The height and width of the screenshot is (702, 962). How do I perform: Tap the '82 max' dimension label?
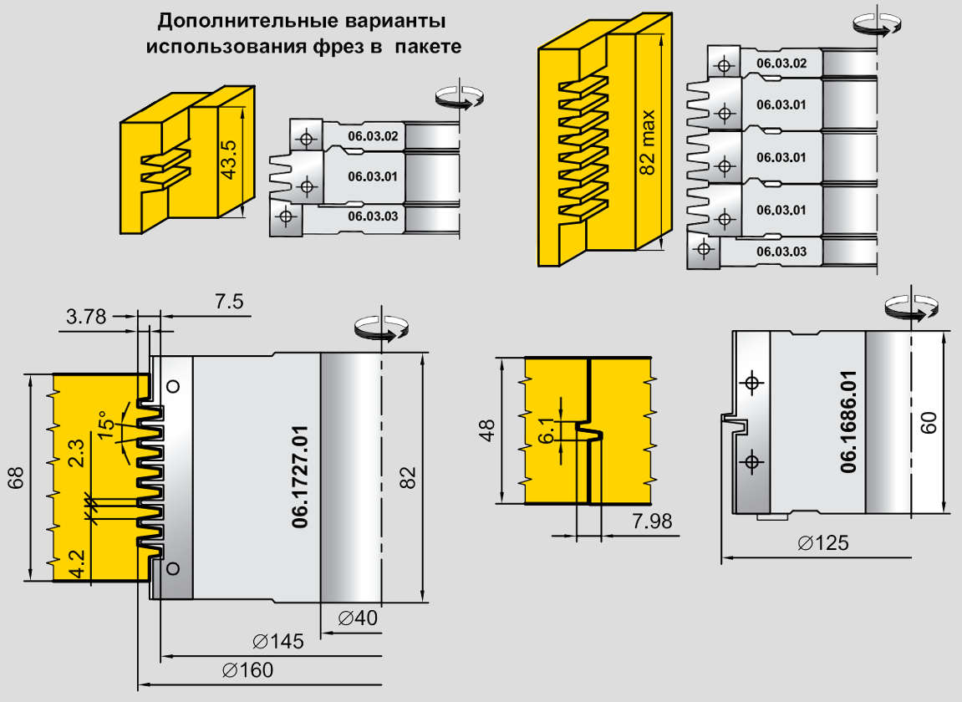(648, 142)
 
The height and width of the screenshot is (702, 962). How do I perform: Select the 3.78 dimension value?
(86, 317)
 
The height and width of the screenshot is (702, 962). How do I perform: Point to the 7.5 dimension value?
(228, 303)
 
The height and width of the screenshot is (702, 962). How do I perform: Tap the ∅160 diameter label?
(248, 670)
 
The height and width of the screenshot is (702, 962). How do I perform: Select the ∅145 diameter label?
(277, 642)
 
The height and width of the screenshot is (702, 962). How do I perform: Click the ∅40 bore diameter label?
(358, 618)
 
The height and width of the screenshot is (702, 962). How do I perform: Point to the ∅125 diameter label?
(822, 543)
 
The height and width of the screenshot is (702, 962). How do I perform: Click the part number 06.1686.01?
(849, 422)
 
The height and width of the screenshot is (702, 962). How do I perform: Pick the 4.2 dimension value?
(77, 562)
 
